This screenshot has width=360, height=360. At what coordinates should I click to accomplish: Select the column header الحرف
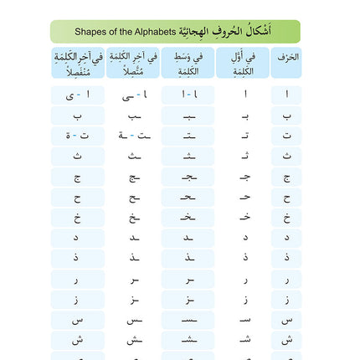[x=286, y=59]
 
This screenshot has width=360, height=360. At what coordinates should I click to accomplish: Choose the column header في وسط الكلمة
[x=186, y=63]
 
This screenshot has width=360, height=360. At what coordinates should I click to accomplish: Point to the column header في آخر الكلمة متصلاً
[x=134, y=63]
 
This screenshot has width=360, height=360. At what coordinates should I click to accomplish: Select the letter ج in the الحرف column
[x=286, y=177]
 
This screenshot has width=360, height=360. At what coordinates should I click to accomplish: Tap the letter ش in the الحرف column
[x=286, y=339]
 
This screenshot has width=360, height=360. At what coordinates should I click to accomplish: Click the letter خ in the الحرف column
[x=286, y=217]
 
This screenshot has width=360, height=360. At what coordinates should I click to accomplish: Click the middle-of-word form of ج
[x=186, y=177]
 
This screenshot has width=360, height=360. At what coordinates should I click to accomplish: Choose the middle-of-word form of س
[x=186, y=320]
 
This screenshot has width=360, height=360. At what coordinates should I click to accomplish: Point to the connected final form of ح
[x=134, y=198]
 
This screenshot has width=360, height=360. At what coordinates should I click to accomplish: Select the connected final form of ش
[x=134, y=339]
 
